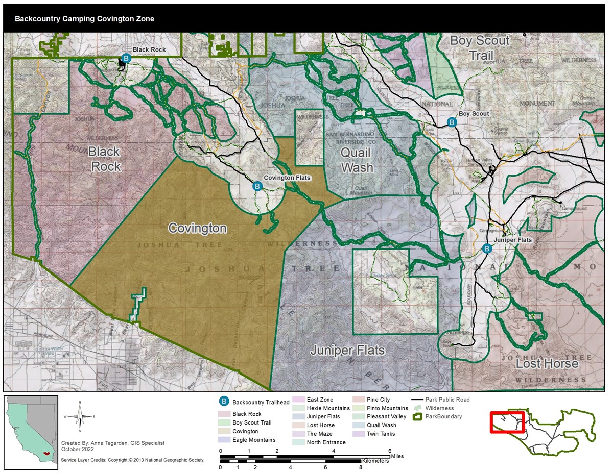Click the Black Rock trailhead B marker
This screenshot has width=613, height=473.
(x=127, y=59)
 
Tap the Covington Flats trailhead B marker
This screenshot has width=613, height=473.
(x=258, y=187)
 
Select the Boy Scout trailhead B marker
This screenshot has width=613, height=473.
(x=452, y=122)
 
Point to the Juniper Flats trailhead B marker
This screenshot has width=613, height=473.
(x=487, y=248)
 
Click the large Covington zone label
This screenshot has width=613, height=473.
(x=197, y=228)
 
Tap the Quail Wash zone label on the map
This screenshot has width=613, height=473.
(x=356, y=160)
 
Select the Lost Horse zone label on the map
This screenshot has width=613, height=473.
(x=547, y=363)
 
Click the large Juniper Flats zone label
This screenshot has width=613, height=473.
(x=347, y=351)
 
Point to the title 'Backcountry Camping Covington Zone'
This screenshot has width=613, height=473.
(x=84, y=19)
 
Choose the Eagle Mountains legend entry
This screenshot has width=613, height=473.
(x=254, y=440)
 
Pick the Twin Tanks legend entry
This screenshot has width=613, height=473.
(x=381, y=434)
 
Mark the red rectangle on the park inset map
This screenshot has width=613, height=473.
(x=507, y=422)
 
